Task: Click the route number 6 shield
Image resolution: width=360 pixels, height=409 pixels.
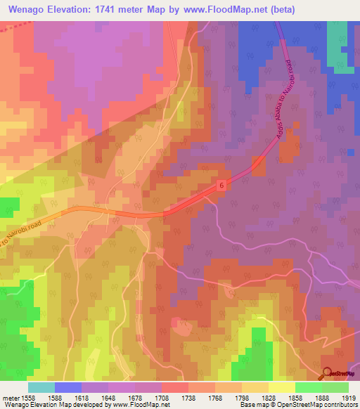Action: [x=221, y=185]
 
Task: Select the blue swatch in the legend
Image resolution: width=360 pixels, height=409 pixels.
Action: [x=67, y=387]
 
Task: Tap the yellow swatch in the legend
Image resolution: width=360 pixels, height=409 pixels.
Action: [x=281, y=387]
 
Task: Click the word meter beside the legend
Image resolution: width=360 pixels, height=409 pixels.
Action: [x=11, y=397]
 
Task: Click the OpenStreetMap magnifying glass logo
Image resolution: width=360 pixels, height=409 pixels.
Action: [x=327, y=373]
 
